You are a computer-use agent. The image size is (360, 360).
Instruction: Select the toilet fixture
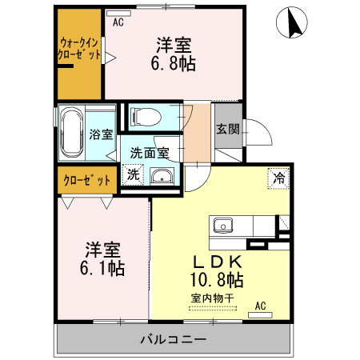click(146, 117)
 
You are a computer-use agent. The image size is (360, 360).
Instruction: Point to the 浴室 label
click(101, 135)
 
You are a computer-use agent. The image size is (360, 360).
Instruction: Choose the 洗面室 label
click(149, 152)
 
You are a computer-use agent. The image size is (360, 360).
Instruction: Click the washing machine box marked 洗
click(133, 174)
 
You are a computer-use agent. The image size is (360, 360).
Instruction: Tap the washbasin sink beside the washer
click(162, 177)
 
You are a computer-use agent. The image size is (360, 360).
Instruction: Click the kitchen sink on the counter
click(222, 224)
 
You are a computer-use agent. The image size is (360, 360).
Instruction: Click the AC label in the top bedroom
click(118, 22)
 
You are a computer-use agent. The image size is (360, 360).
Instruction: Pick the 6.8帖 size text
click(174, 62)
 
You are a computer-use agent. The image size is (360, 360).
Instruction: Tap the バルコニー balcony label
click(174, 339)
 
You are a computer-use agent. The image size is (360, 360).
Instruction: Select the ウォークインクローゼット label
click(80, 49)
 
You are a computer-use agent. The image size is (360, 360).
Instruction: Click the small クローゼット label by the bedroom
click(86, 180)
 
